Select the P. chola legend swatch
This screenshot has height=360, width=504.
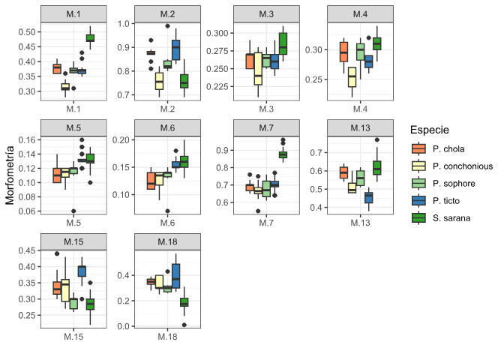point(418,148)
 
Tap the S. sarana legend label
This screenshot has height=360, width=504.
point(451,218)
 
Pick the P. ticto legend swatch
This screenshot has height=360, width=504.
point(418,200)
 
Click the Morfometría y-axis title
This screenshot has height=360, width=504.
point(10,175)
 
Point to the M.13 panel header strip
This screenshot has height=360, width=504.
point(360,128)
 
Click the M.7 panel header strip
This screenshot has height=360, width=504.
point(266,128)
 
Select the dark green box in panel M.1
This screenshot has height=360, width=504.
point(90,38)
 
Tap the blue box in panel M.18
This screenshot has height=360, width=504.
point(175,276)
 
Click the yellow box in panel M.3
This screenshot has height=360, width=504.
point(258,69)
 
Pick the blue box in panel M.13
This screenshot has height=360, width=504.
point(369,198)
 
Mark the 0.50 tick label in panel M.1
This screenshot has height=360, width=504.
point(27,32)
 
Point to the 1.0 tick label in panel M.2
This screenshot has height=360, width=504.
point(123,24)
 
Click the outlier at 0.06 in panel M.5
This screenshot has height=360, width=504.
point(73,211)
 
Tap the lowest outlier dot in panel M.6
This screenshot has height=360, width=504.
point(167,211)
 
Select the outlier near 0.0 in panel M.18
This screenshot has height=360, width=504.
point(184,325)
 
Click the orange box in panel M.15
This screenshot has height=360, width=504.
point(57,288)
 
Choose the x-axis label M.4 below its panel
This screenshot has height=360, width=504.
point(360,109)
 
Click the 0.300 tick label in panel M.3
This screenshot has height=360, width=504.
point(217,33)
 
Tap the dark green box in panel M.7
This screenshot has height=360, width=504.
point(283,154)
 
